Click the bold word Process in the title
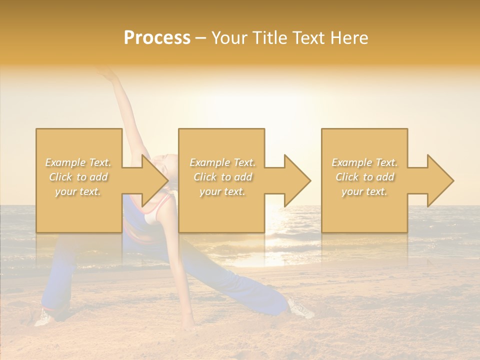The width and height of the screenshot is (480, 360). point(157,38)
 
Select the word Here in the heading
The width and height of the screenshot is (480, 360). point(348,38)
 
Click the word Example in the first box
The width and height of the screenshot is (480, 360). point(65,162)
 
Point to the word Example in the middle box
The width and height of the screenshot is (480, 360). point(209,162)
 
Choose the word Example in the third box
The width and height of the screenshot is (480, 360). point(351,162)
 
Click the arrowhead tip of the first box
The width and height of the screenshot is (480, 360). point(167,180)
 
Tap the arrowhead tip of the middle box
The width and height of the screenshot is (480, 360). point(310,180)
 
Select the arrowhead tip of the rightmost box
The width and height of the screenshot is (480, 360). point(453,180)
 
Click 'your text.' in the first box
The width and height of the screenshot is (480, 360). point(77,191)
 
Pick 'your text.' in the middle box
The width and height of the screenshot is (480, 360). point(222,191)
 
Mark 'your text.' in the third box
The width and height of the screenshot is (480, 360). point(364,191)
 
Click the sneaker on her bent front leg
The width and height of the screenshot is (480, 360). point(44,317)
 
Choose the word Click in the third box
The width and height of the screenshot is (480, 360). point(347,177)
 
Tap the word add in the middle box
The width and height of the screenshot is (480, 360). point(243,177)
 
